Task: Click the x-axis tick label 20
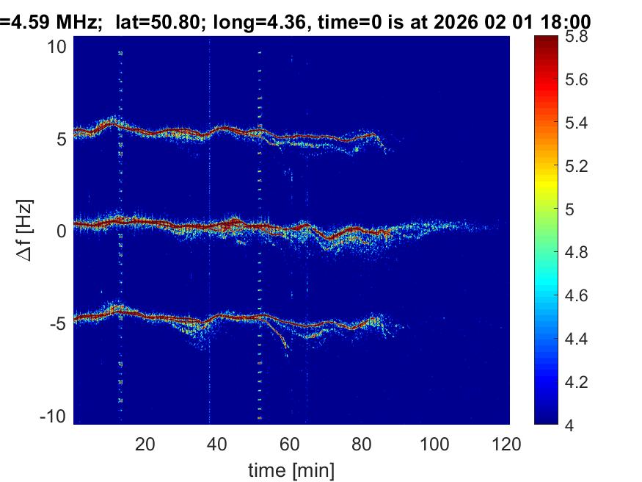[145, 444]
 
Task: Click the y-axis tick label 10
[56, 46]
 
